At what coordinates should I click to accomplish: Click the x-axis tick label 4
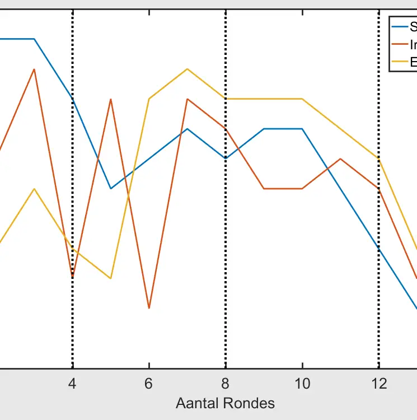(72, 384)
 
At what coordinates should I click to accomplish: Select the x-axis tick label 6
(149, 384)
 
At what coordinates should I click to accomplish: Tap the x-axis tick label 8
(225, 384)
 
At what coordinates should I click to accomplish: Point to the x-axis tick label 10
(302, 384)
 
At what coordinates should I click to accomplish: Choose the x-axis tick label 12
(379, 384)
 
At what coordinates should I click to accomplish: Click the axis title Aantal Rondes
(225, 403)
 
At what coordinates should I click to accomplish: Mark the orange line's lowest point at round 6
(149, 308)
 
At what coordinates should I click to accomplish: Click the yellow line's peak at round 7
(187, 69)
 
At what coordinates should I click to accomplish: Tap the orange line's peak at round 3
(35, 69)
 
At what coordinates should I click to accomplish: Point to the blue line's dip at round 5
(111, 189)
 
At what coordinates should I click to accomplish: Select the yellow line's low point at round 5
(111, 278)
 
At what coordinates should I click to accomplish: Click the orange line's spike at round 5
(111, 99)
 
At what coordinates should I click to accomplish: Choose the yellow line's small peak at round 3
(35, 189)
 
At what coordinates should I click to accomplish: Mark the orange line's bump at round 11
(340, 158)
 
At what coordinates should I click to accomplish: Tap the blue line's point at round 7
(187, 129)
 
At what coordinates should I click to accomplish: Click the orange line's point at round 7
(187, 99)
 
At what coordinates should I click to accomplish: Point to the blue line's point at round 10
(302, 129)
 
